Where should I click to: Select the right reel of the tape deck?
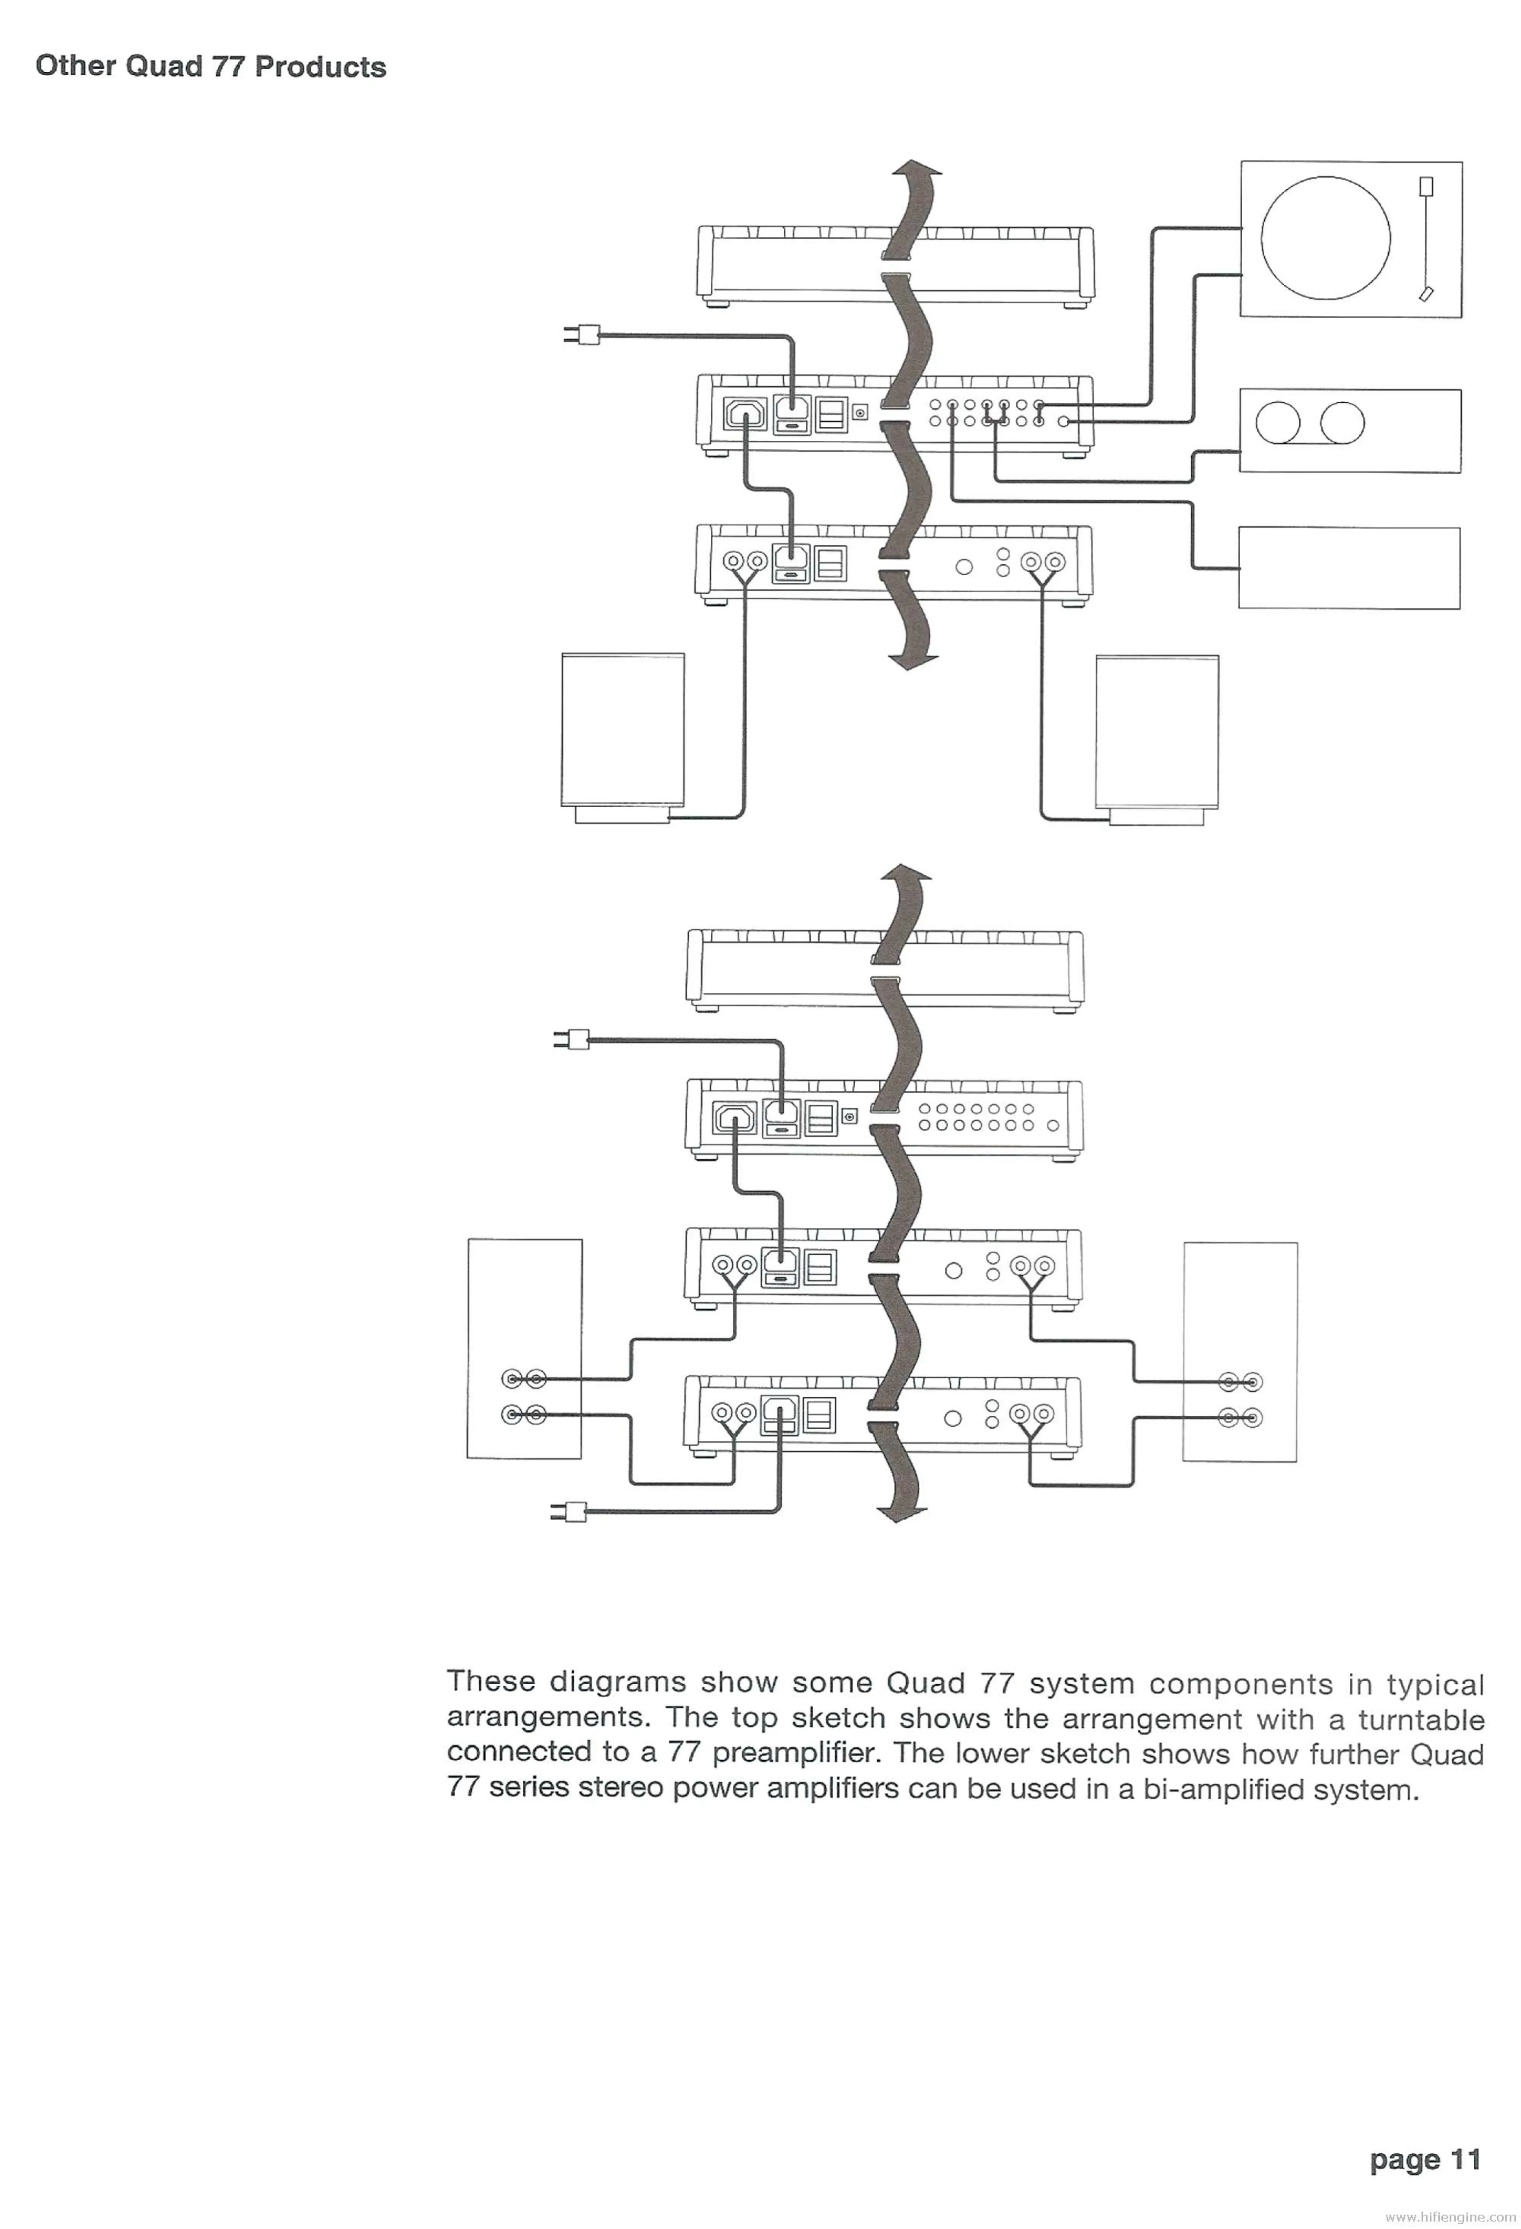(1342, 423)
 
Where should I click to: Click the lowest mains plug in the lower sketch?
(570, 1513)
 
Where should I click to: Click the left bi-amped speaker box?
(524, 1349)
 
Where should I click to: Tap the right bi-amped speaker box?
(1239, 1353)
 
